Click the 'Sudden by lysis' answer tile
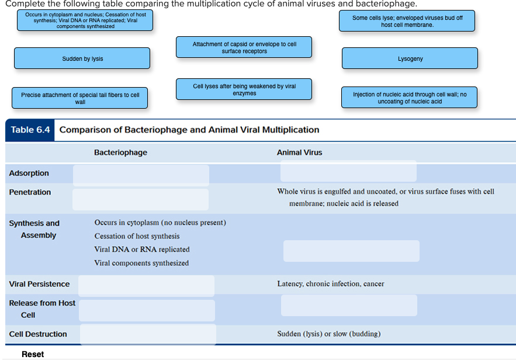pyautogui.click(x=82, y=58)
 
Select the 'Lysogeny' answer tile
pyautogui.click(x=410, y=58)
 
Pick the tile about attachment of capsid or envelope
pyautogui.click(x=244, y=47)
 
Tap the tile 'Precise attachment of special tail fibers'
pyautogui.click(x=80, y=98)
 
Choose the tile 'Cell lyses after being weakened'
pyautogui.click(x=244, y=89)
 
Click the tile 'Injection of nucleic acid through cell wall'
pyautogui.click(x=409, y=98)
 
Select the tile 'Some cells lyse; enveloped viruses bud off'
pyautogui.click(x=407, y=21)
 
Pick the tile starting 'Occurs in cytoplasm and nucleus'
pyautogui.click(x=85, y=20)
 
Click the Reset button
pyautogui.click(x=33, y=354)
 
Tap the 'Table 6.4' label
pyautogui.click(x=30, y=130)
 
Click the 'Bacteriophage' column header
pyautogui.click(x=120, y=153)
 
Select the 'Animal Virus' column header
pyautogui.click(x=299, y=153)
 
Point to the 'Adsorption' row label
pyautogui.click(x=29, y=173)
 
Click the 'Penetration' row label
pyautogui.click(x=30, y=192)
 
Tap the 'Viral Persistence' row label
pyautogui.click(x=39, y=284)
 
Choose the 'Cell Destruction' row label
pyautogui.click(x=38, y=334)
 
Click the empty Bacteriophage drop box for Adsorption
pyautogui.click(x=141, y=175)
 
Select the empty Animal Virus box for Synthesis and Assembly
pyautogui.click(x=351, y=251)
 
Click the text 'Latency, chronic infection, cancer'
pyautogui.click(x=330, y=284)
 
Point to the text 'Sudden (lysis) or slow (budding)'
pyautogui.click(x=328, y=334)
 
